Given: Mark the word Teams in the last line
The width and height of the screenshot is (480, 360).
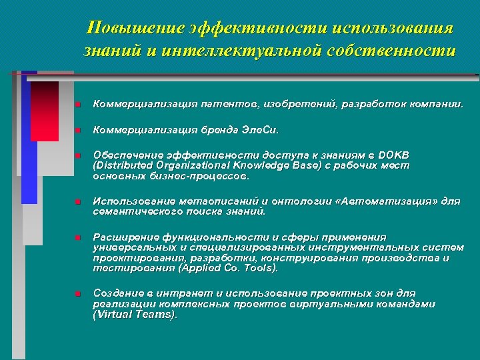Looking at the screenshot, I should [157, 315].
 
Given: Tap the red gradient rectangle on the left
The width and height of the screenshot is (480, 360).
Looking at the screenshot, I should [45, 111].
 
